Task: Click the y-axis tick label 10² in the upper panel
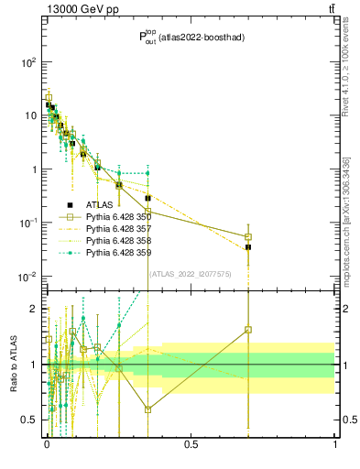[28, 62]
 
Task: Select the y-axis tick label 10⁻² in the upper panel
[28, 277]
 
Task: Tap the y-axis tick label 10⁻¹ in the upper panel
[28, 224]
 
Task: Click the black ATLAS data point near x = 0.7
[248, 247]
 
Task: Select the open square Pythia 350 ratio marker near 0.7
[248, 330]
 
